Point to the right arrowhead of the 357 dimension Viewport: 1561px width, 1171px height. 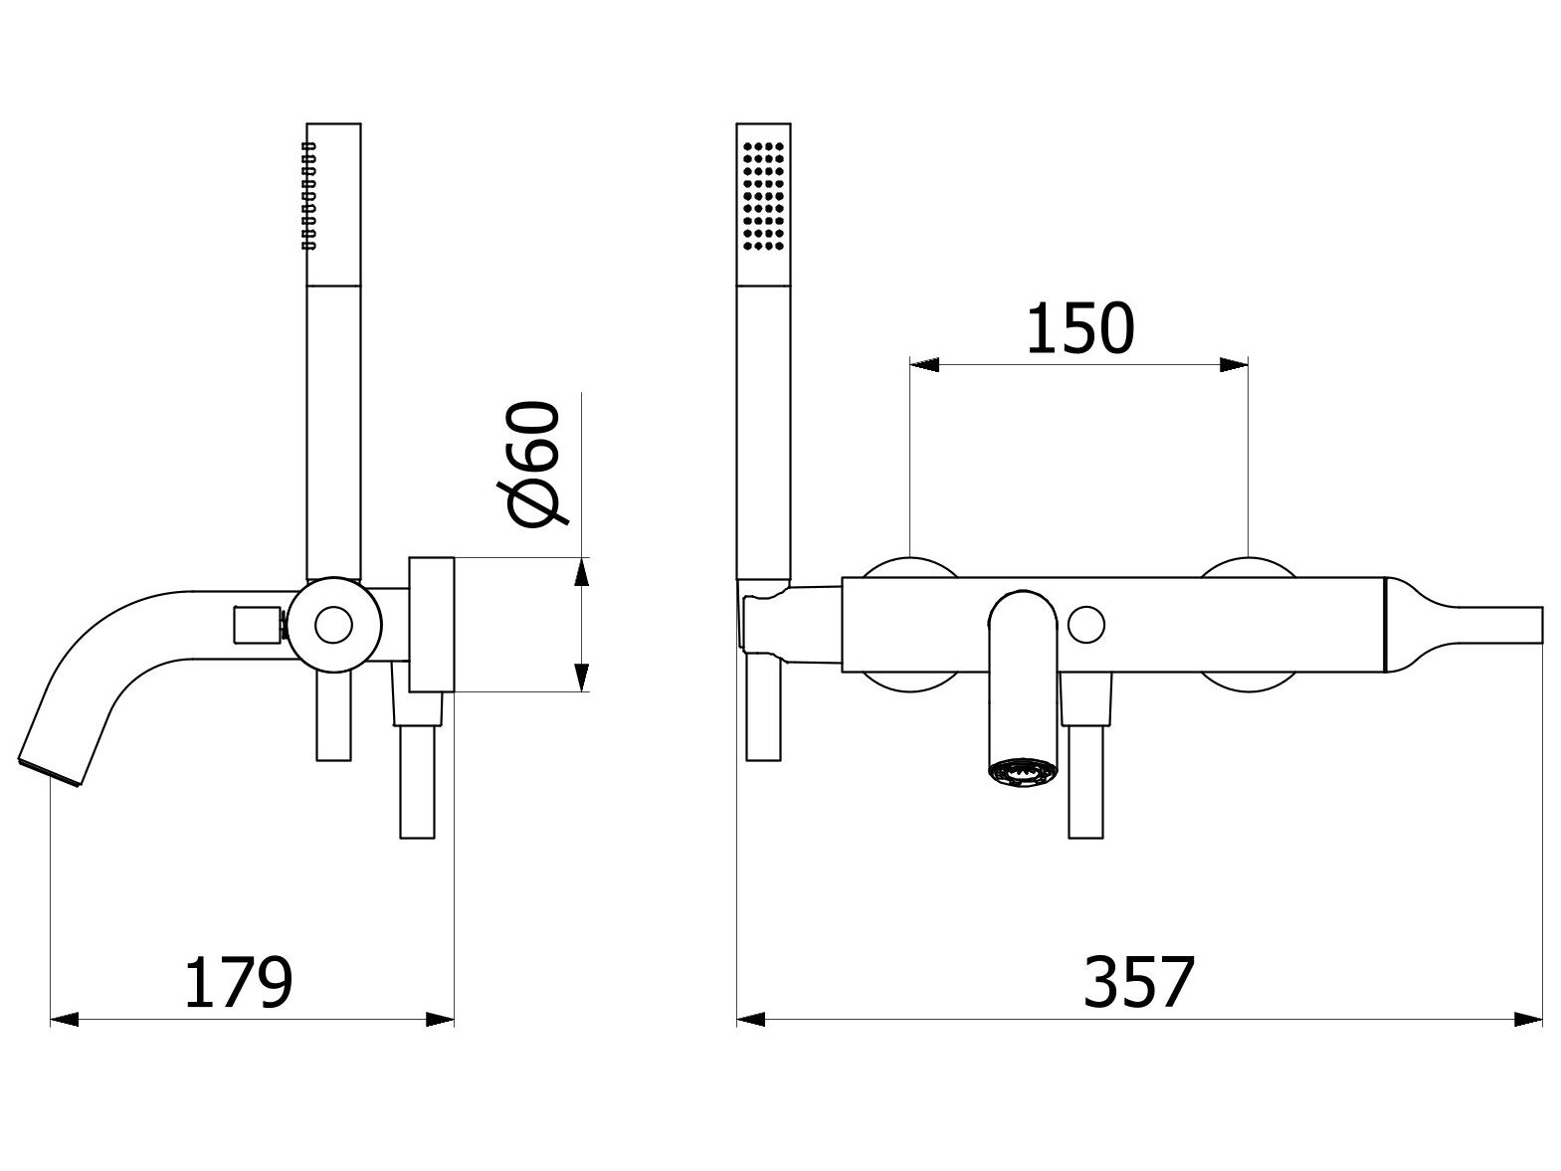[x=1528, y=1019]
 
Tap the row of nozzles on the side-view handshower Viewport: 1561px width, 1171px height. [x=308, y=194]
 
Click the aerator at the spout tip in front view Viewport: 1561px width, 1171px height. [x=1021, y=771]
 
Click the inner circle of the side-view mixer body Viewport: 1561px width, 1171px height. [x=333, y=625]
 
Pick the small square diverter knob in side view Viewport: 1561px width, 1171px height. [x=257, y=625]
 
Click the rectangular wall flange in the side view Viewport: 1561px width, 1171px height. [x=432, y=624]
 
